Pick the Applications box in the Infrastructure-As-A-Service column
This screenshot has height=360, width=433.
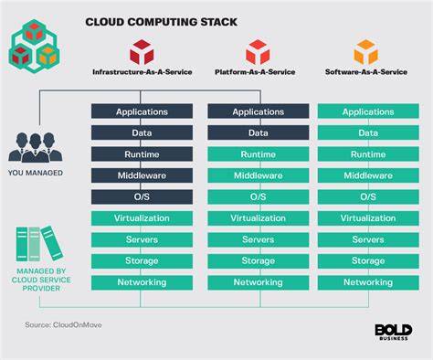[x=142, y=112]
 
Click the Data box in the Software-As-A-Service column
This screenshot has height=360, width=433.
[x=366, y=133]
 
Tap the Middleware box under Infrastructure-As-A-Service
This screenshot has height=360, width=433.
[x=142, y=175]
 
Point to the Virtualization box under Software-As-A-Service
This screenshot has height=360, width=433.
[x=366, y=218]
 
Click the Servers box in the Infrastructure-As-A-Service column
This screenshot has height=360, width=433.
[x=142, y=239]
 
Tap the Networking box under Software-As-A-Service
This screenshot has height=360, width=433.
[x=366, y=282]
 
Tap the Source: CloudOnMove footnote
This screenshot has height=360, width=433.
[x=61, y=325]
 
